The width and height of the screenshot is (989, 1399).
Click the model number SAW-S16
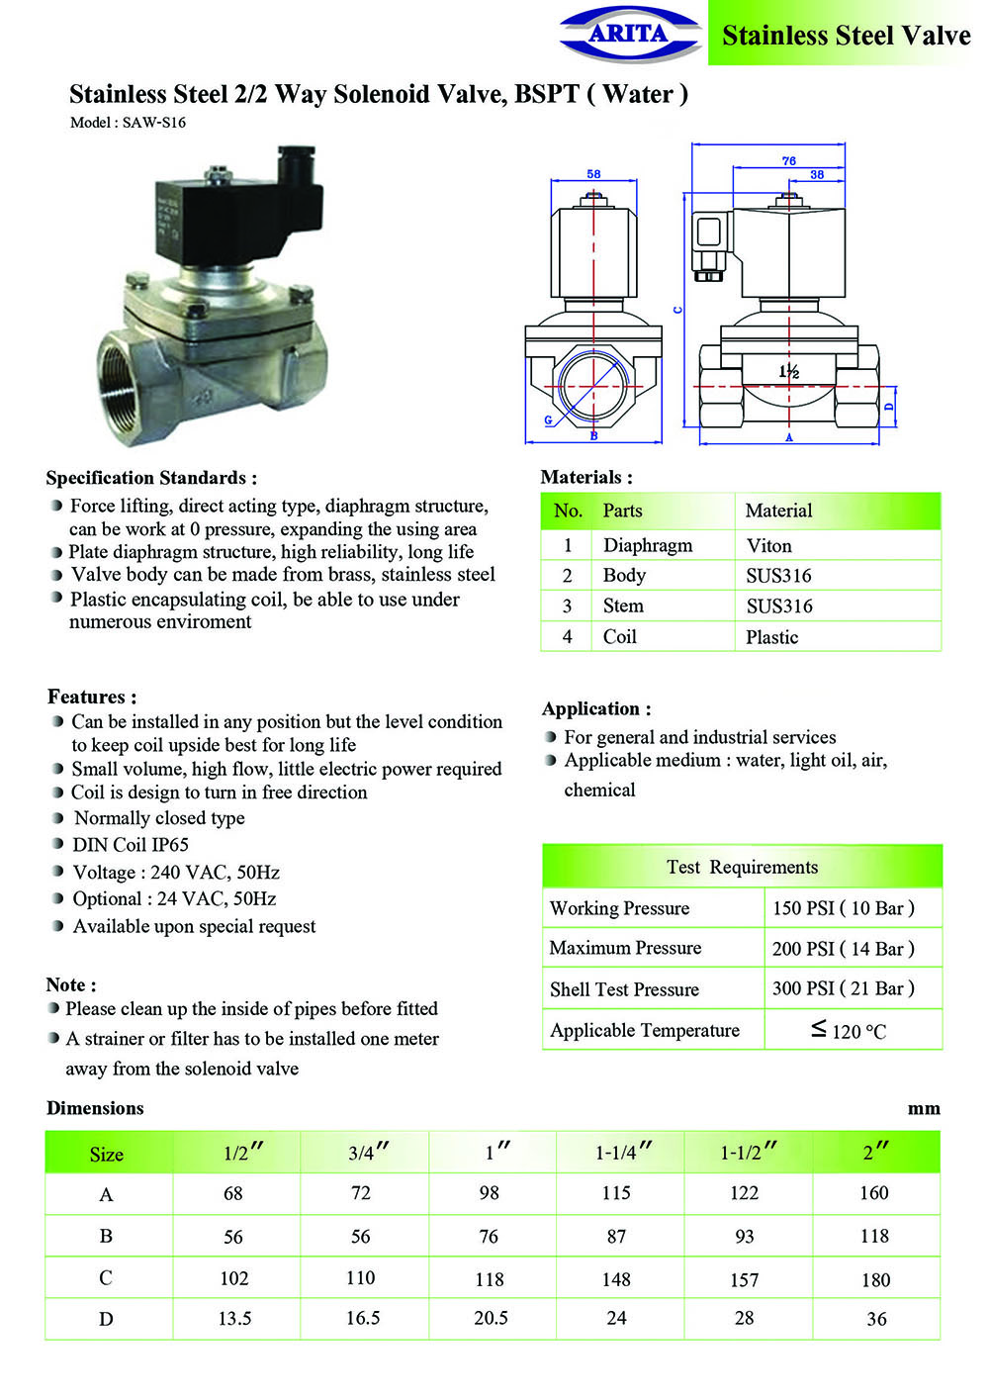point(153,123)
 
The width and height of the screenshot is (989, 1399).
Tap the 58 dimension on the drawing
point(593,174)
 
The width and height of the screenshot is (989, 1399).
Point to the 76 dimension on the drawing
point(788,160)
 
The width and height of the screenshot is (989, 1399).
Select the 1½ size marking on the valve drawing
point(788,372)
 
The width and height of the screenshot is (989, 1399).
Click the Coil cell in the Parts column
point(620,636)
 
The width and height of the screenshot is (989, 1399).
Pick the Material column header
point(778,511)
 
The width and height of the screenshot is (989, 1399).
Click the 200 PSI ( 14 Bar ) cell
point(843,948)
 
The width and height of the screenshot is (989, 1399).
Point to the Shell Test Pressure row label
point(624,989)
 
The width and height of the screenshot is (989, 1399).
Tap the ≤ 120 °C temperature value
point(849,1031)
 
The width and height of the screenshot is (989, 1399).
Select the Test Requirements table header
point(742,867)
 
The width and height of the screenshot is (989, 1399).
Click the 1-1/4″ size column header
point(623,1153)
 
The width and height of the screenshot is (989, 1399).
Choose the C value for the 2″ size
point(875,1279)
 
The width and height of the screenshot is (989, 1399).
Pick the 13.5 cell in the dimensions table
point(234,1319)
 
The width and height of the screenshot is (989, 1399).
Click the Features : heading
point(92,697)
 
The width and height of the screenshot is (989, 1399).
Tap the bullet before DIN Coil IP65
point(57,845)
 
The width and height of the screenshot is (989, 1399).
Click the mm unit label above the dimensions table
point(924,1108)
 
